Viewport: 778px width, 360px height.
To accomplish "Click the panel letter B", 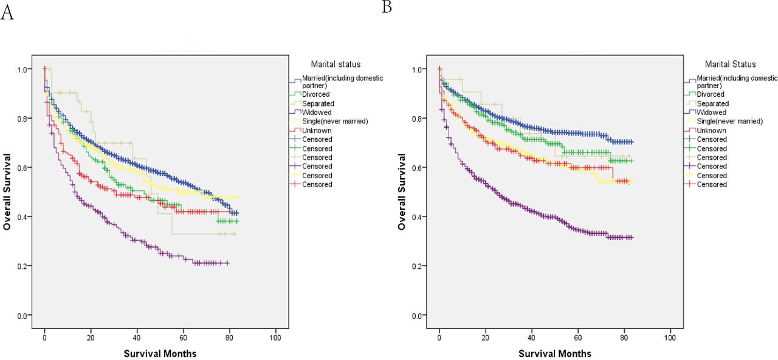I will coord(387,7).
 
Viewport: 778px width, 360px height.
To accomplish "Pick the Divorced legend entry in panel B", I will coord(711,94).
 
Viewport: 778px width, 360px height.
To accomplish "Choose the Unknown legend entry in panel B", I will coord(712,130).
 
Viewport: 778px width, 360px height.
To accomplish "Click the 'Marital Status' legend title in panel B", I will coord(731,64).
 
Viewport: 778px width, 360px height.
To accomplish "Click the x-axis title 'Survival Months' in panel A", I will coord(160,353).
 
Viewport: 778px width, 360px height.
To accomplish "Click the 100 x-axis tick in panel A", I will coord(275,336).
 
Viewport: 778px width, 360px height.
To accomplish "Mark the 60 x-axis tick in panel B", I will coord(578,336).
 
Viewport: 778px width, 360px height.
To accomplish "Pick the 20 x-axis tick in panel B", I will coord(486,336).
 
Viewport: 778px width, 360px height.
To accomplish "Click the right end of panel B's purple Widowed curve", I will coord(632,237).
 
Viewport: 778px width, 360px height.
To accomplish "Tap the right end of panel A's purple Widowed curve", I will coord(229,263).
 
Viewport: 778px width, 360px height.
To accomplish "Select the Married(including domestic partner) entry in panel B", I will coord(737,81).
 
